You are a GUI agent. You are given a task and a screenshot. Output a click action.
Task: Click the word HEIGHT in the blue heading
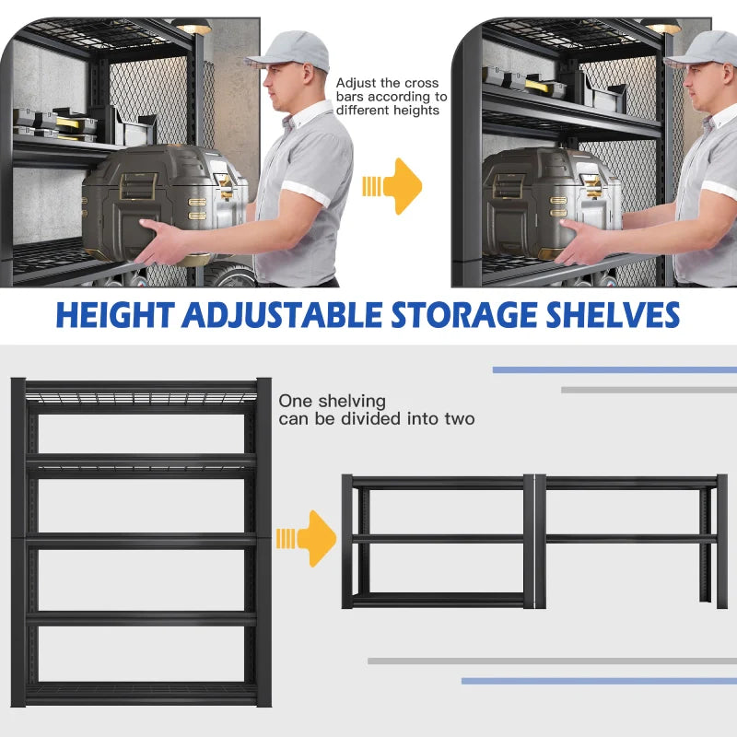pos(116,314)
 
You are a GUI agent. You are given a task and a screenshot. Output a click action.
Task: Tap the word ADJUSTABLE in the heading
pos(282,315)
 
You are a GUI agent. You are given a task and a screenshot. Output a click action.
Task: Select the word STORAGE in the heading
pos(464,314)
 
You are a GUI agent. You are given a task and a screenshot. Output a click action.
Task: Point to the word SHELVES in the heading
pos(613,314)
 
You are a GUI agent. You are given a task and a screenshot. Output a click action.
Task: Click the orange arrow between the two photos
pos(392,187)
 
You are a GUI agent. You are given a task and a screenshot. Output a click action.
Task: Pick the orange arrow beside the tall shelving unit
pos(306,539)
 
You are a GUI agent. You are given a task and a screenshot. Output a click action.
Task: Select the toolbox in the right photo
pos(552,203)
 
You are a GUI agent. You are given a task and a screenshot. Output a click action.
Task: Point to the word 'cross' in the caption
pos(421,83)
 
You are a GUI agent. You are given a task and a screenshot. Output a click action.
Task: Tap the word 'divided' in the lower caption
pos(371,418)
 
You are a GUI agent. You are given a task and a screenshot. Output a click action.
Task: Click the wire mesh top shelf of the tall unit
pos(141,397)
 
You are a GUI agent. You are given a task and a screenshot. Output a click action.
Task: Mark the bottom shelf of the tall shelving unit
pos(141,694)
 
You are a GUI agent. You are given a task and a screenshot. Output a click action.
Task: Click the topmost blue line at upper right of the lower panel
pos(614,370)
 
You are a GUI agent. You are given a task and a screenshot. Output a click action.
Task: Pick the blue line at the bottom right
pos(599,681)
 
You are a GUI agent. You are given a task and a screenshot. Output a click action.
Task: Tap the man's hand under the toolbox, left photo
pos(160,243)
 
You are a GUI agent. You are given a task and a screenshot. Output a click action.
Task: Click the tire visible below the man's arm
pos(230,274)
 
